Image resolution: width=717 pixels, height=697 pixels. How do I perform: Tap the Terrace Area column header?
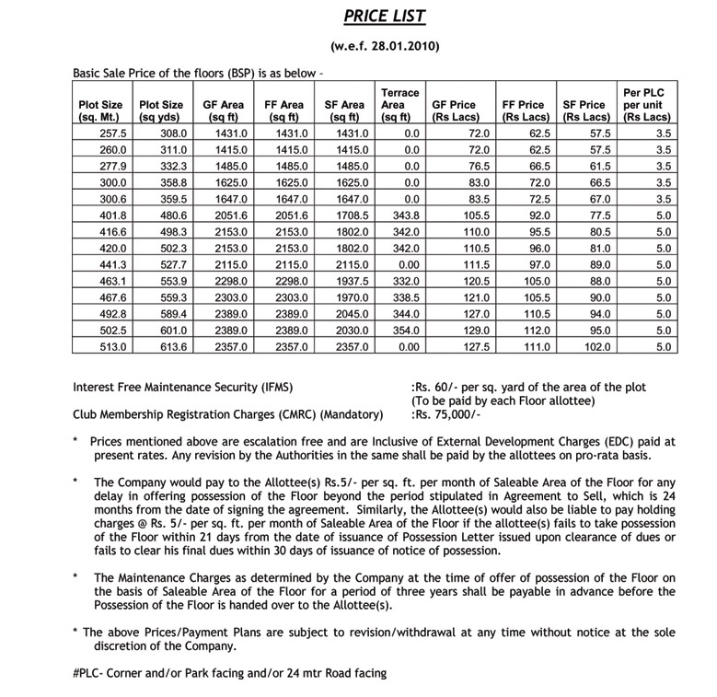tap(399, 105)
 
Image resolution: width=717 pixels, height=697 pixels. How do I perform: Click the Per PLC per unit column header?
tap(646, 105)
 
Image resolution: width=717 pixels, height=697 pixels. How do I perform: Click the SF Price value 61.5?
tap(598, 167)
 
